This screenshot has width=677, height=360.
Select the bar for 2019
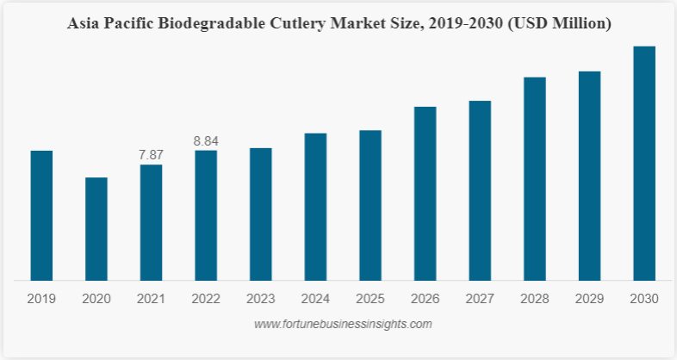(41, 215)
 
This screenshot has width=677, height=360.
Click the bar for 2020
(96, 228)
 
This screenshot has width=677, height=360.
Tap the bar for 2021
(151, 222)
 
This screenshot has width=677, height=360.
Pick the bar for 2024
(315, 207)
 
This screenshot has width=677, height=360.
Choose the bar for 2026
(425, 193)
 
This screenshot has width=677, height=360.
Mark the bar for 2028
(535, 178)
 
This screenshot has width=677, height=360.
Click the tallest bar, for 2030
(644, 163)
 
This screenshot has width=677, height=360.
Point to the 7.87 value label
(151, 155)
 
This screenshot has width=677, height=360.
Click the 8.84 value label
(206, 140)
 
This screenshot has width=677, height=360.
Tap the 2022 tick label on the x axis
(206, 300)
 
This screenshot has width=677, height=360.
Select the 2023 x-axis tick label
(261, 300)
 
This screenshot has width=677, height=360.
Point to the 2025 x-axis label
(370, 300)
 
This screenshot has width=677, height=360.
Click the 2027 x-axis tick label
(480, 300)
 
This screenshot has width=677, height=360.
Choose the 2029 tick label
(589, 300)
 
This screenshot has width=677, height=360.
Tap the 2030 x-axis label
(644, 300)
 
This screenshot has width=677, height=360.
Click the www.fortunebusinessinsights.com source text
(343, 325)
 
